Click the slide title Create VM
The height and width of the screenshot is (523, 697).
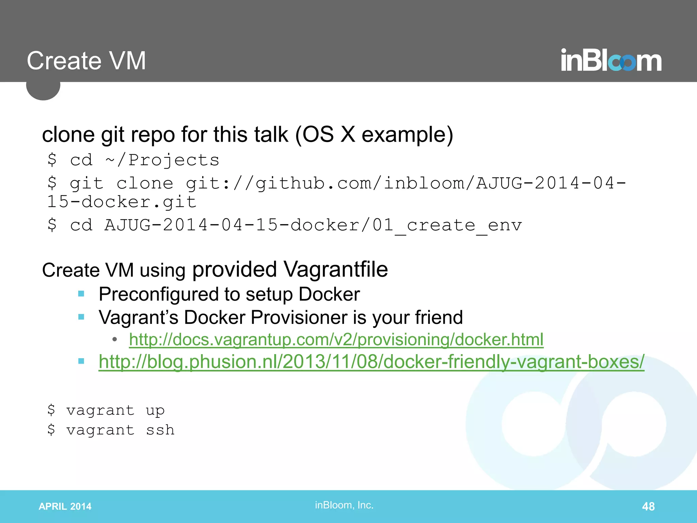coord(86,61)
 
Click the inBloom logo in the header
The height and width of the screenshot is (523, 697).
coord(611,61)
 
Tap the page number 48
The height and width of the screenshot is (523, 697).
coord(648,506)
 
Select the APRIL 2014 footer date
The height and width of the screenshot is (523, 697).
coord(65,506)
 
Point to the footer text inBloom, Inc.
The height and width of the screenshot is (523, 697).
coord(344,505)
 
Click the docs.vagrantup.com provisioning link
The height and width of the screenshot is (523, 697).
coord(336,339)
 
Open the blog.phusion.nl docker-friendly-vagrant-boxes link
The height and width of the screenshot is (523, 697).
coord(371,362)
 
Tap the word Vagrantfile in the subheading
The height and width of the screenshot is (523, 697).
coord(336,270)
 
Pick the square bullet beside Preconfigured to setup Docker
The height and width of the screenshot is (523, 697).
coord(81,294)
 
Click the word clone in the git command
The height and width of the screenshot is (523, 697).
coord(145,184)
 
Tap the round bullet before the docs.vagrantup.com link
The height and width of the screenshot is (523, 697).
coord(115,339)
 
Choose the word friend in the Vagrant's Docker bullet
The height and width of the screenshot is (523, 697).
coord(439,317)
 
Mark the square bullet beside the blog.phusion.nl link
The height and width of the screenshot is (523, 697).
coord(81,361)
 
